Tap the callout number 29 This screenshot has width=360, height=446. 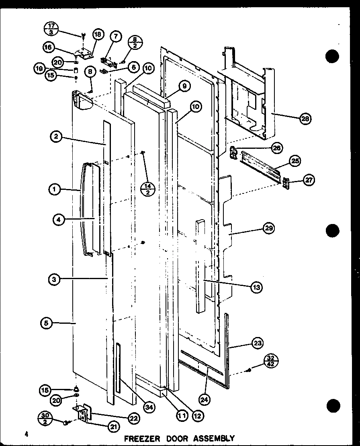click(268, 229)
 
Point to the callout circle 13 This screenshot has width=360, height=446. click(256, 287)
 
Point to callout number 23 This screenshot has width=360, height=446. click(257, 343)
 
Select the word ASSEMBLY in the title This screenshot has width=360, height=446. click(215, 438)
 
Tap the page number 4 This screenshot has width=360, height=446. click(26, 434)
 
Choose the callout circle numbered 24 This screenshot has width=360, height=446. click(205, 388)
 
